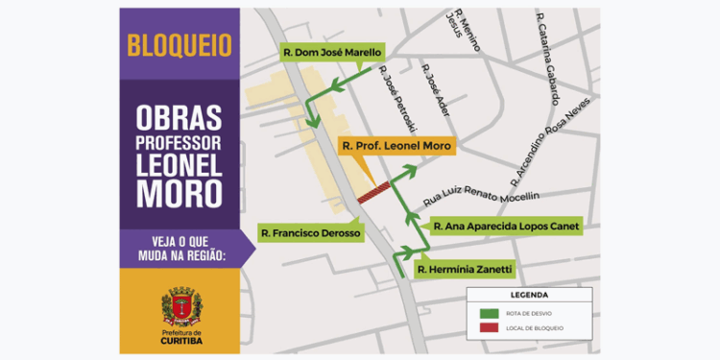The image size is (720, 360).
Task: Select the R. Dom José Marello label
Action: [x=332, y=52]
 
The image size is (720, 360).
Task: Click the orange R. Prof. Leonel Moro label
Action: [x=396, y=146]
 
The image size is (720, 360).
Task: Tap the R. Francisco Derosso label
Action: [x=309, y=233]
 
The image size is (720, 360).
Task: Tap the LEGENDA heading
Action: [x=528, y=295]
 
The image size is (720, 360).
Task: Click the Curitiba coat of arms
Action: [x=180, y=307]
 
